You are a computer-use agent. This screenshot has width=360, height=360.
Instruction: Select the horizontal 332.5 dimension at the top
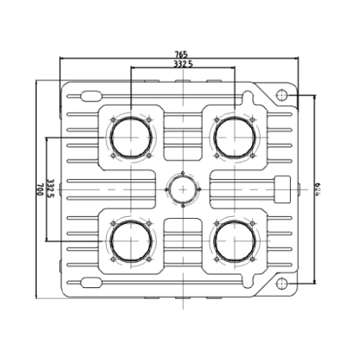click(183, 64)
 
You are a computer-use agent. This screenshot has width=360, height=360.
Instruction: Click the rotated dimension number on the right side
click(317, 189)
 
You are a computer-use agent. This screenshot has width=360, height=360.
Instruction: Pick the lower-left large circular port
click(131, 241)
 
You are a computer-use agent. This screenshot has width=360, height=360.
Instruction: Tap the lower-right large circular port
click(235, 241)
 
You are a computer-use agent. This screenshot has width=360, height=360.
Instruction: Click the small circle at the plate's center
click(183, 189)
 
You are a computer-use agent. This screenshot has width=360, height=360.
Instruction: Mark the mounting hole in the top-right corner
click(282, 95)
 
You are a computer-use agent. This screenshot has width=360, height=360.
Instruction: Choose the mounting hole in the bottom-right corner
click(282, 282)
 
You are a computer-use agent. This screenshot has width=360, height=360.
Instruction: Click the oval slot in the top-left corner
click(89, 95)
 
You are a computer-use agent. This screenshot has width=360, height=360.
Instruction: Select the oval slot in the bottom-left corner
click(89, 282)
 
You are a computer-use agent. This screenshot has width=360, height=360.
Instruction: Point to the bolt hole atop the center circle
click(183, 172)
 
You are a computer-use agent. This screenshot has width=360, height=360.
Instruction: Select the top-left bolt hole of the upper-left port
click(113, 119)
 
